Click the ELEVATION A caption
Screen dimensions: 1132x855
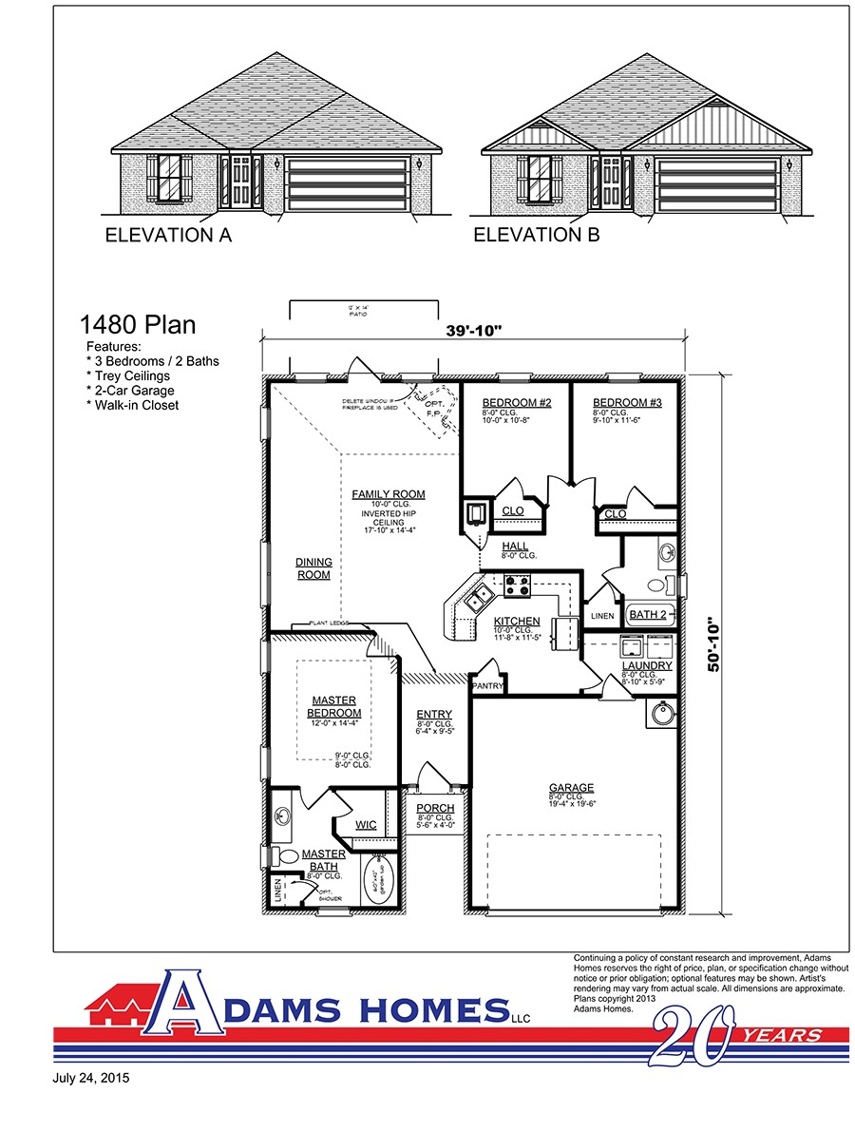pos(168,236)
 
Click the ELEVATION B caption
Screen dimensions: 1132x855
pos(537,236)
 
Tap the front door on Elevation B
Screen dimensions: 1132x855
pos(611,182)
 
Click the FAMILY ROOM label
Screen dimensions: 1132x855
pos(388,494)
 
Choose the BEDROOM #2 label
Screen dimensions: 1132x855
pos(516,403)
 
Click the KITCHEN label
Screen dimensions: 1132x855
pos(516,621)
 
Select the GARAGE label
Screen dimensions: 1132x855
pos(571,787)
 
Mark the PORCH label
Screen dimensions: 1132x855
pos(436,808)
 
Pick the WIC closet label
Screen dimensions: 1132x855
pos(366,824)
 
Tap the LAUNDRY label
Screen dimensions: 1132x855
pos(646,665)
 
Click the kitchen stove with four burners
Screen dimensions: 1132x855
pos(518,586)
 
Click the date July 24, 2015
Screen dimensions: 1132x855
pos(92,1079)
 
